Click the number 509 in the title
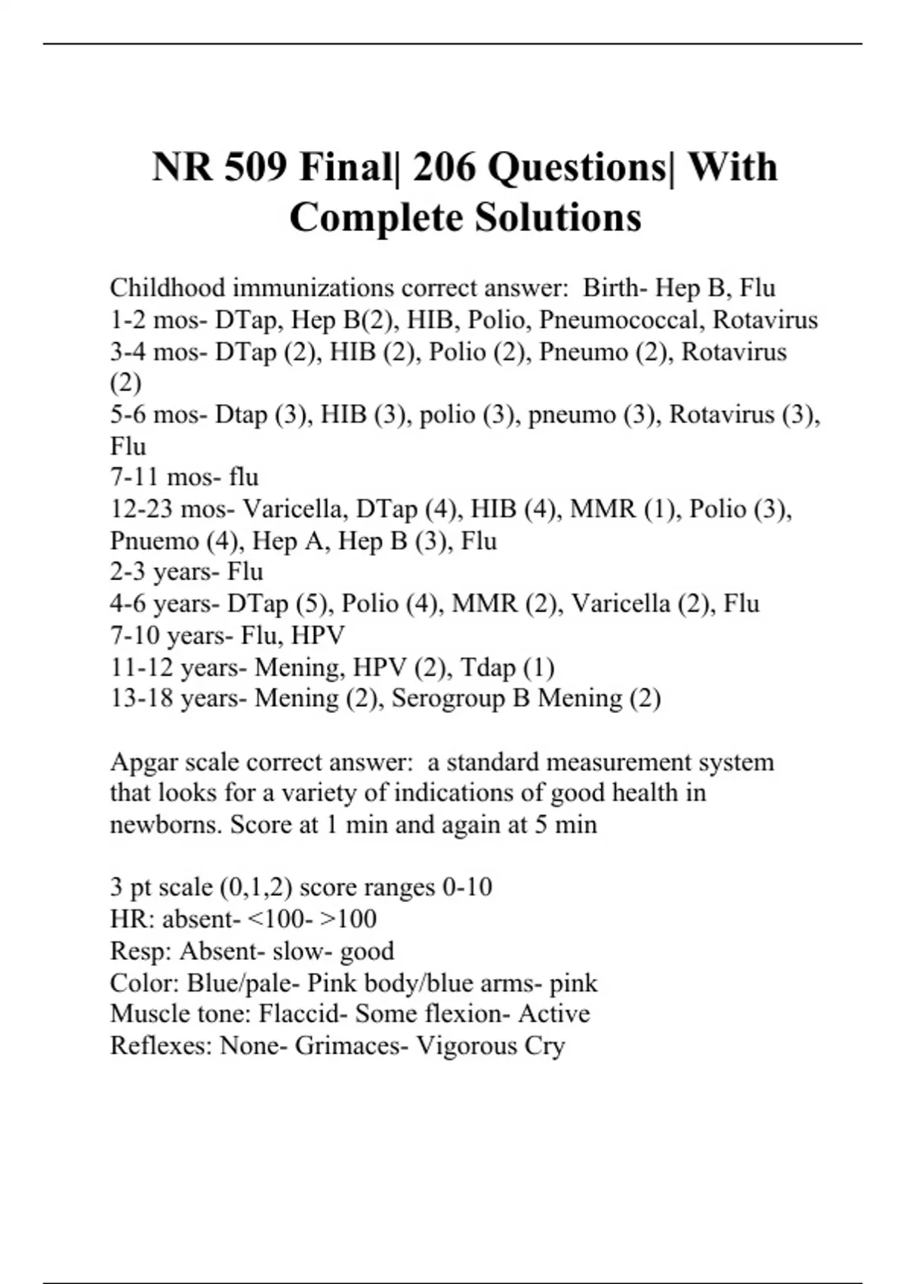(x=255, y=167)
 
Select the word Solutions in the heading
(x=558, y=218)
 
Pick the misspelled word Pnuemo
(x=154, y=541)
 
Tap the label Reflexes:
(x=162, y=1045)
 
